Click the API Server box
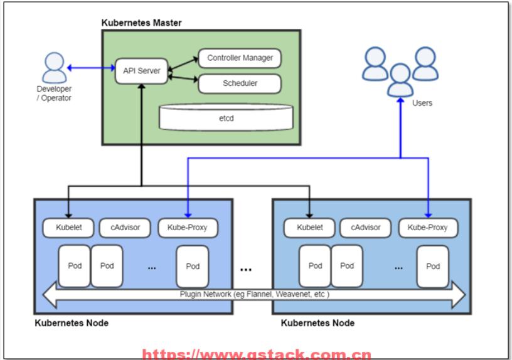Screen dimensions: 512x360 [x=141, y=71]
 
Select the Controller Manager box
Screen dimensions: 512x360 [x=240, y=58]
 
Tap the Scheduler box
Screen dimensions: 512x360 [x=240, y=83]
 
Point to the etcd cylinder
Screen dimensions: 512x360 [x=227, y=117]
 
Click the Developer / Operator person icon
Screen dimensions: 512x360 [x=54, y=68]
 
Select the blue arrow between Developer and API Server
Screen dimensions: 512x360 [x=91, y=68]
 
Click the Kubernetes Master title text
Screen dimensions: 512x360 [x=141, y=23]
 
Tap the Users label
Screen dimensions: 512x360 [x=422, y=103]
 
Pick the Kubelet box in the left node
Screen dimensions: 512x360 [x=68, y=228]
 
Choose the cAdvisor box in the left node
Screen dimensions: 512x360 [x=125, y=228]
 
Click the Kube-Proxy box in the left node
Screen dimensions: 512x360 [x=188, y=228]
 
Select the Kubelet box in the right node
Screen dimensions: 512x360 [x=309, y=228]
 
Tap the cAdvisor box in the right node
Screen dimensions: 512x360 [x=365, y=228]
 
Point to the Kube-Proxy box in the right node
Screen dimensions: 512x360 [x=428, y=228]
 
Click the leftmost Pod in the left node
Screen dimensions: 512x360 [x=75, y=266]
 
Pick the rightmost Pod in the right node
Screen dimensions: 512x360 [x=433, y=267]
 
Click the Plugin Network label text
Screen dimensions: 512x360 [x=254, y=294]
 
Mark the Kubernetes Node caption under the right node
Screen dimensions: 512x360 [x=317, y=323]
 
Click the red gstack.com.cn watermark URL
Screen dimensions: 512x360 [x=257, y=354]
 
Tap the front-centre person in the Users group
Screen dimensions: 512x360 [x=400, y=80]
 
